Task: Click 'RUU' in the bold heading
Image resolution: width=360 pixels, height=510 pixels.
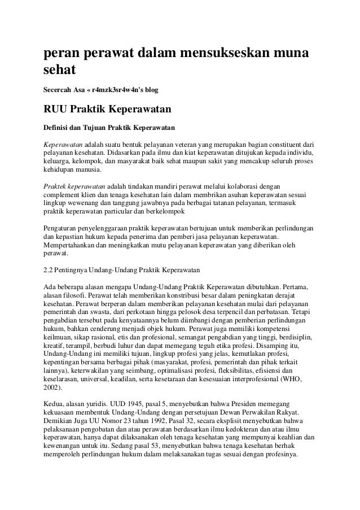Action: point(57,108)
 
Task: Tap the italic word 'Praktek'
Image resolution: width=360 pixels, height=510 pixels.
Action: point(55,185)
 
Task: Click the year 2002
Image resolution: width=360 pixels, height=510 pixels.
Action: point(52,389)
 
